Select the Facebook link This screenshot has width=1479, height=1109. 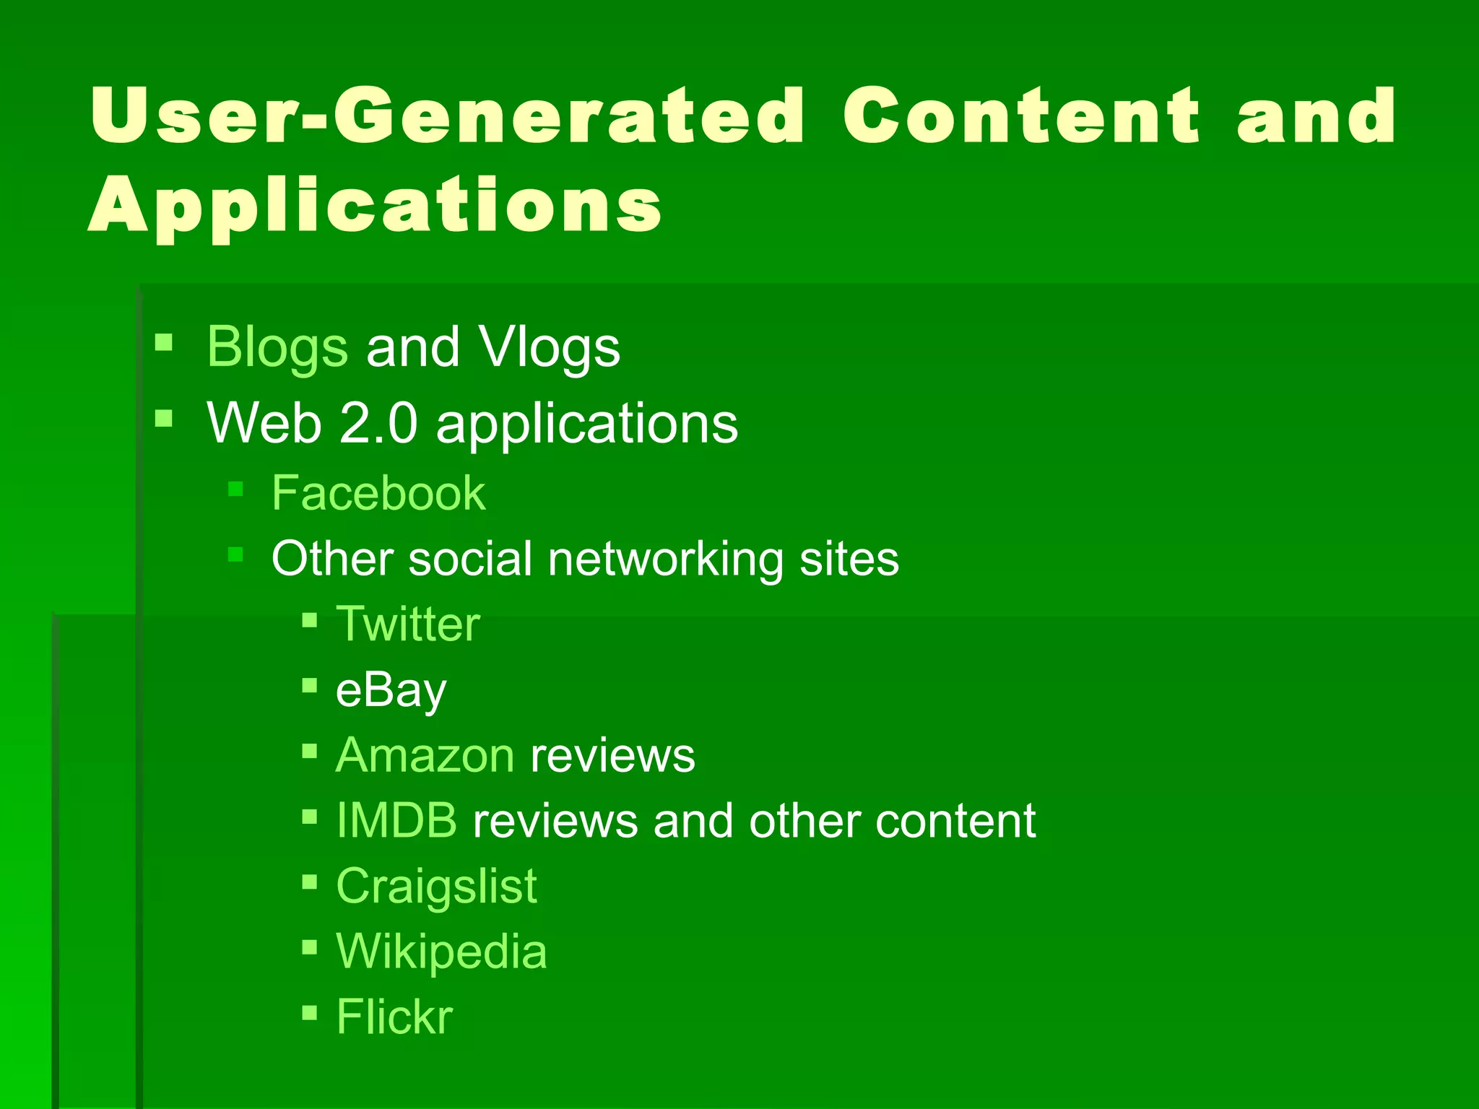pyautogui.click(x=378, y=494)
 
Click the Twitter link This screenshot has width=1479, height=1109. pyautogui.click(x=408, y=625)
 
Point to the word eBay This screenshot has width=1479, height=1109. pyautogui.click(x=391, y=691)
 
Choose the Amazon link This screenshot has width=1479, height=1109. pyautogui.click(x=425, y=756)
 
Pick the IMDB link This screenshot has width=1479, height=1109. pyautogui.click(x=396, y=821)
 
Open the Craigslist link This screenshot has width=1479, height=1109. pyautogui.click(x=436, y=887)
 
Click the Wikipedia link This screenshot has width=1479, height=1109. pyautogui.click(x=441, y=952)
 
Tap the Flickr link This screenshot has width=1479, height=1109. pyautogui.click(x=394, y=1017)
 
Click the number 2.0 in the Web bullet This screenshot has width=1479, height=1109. pyautogui.click(x=378, y=423)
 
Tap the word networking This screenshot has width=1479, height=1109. pyautogui.click(x=664, y=559)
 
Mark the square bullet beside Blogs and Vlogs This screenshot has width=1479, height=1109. pyautogui.click(x=164, y=342)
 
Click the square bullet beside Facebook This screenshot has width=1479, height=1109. pyautogui.click(x=235, y=490)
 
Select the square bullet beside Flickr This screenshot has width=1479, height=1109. pyautogui.click(x=310, y=1012)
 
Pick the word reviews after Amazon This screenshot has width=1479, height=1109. pyautogui.click(x=612, y=756)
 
